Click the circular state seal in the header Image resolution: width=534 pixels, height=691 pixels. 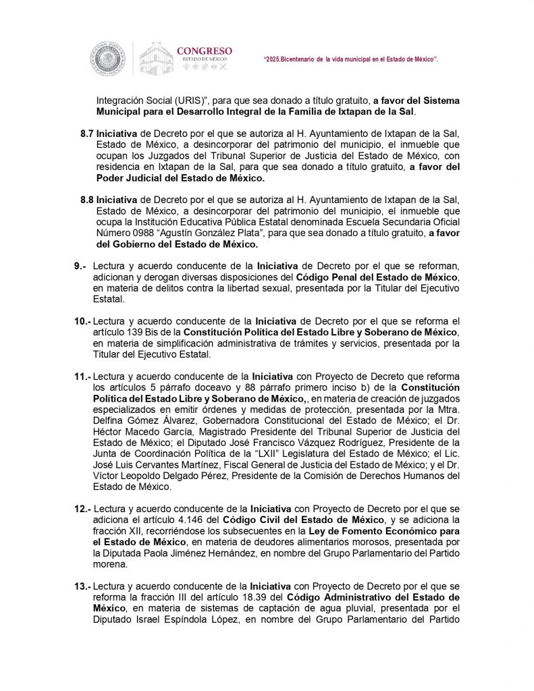click(108, 59)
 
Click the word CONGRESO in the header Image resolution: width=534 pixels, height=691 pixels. click(204, 51)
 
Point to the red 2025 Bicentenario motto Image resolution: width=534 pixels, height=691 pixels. click(350, 60)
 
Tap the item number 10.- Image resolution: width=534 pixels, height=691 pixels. click(82, 321)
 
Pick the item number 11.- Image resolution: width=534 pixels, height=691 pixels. click(82, 376)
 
